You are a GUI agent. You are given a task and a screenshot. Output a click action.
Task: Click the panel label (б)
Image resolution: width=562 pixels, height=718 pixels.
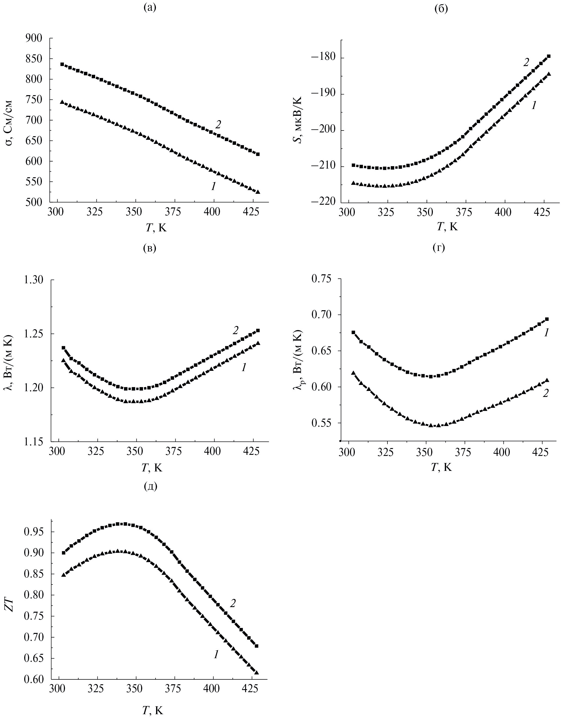pyautogui.click(x=441, y=9)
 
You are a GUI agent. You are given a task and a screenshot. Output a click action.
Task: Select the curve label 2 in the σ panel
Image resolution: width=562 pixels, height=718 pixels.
pyautogui.click(x=218, y=125)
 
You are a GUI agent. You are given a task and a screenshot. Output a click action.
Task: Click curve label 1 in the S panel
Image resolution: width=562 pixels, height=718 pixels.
pyautogui.click(x=534, y=105)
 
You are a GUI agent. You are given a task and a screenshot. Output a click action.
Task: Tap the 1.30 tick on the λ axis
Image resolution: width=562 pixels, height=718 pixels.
pyautogui.click(x=34, y=280)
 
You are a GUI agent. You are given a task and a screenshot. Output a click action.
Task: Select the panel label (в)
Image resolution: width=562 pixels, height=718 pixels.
pyautogui.click(x=150, y=248)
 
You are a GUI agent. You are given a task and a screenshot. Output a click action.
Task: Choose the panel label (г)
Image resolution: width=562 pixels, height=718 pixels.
pyautogui.click(x=439, y=248)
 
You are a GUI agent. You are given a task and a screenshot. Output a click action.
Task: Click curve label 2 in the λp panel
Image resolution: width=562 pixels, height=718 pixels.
pyautogui.click(x=545, y=393)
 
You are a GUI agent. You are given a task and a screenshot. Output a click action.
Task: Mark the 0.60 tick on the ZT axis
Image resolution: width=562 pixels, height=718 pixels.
pyautogui.click(x=34, y=679)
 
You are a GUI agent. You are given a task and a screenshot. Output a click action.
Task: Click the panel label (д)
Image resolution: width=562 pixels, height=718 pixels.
pyautogui.click(x=151, y=486)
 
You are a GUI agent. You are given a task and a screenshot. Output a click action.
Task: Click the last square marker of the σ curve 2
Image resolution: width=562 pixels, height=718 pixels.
pyautogui.click(x=258, y=154)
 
